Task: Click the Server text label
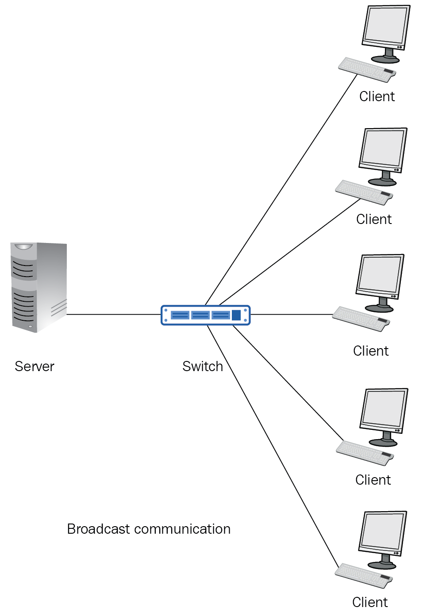tap(35, 366)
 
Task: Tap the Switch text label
tap(203, 366)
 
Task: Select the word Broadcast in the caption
tap(99, 529)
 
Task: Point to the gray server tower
tap(39, 287)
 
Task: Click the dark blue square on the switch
tap(236, 315)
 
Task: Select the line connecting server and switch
tap(113, 315)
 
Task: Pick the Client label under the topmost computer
tap(377, 96)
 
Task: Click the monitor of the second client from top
tap(383, 148)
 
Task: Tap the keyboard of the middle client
tap(361, 319)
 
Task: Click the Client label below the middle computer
tap(371, 351)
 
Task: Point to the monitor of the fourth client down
tap(384, 409)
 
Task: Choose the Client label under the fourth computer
tap(373, 480)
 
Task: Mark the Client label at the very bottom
tap(370, 602)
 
